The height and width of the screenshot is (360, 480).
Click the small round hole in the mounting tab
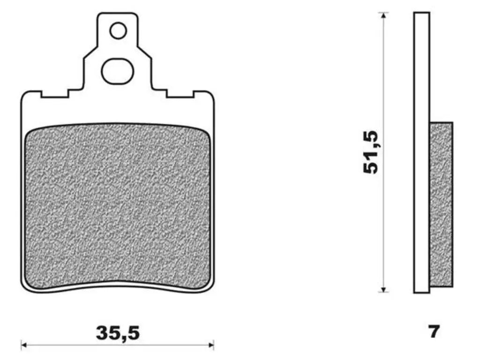pos(118,31)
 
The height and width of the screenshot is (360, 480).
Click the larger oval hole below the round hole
pos(118,71)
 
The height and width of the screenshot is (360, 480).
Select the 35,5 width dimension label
pos(118,333)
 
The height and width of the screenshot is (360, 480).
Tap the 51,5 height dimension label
pos(371,152)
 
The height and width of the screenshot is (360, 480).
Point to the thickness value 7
pos(434,331)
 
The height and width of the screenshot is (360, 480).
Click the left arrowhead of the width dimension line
pos(23,345)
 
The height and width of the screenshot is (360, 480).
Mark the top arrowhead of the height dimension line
pos(383,15)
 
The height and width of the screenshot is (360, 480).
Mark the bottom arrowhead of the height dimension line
pos(383,289)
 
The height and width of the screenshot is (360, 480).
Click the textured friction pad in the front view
pos(118,207)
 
